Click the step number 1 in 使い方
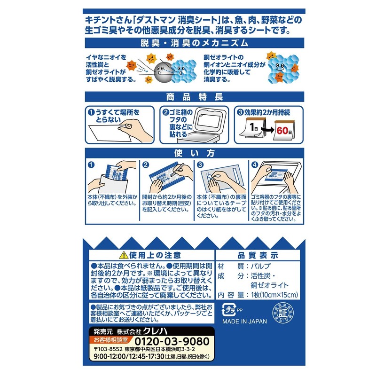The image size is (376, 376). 91,165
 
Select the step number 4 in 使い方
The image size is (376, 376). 255,165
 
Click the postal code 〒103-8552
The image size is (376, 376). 108,349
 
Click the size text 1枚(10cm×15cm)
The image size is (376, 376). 268,295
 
